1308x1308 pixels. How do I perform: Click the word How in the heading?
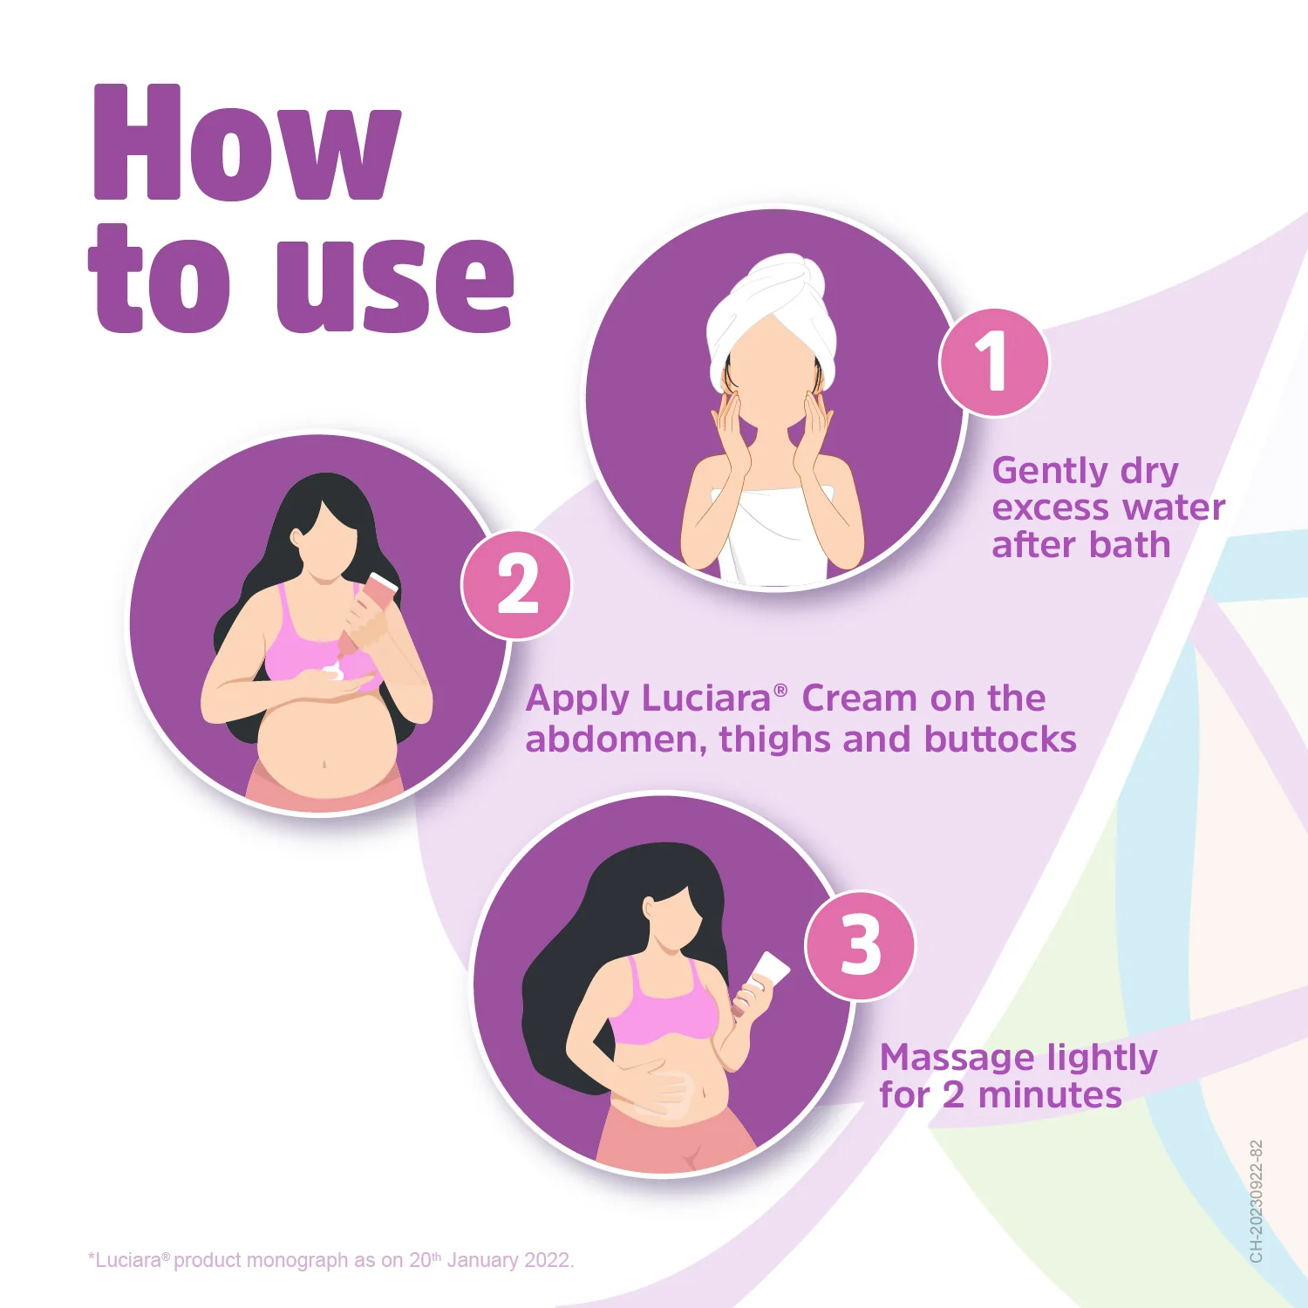pyautogui.click(x=247, y=144)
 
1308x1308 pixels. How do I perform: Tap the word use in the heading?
pyautogui.click(x=395, y=283)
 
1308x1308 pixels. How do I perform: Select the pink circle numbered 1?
pyautogui.click(x=994, y=362)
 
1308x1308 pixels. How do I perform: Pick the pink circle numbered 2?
pyautogui.click(x=516, y=585)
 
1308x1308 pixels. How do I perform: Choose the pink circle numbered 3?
pyautogui.click(x=860, y=946)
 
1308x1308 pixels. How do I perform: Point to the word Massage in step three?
pyautogui.click(x=957, y=1058)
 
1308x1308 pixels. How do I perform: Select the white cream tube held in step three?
pyautogui.click(x=767, y=972)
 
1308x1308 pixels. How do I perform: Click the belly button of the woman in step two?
pyautogui.click(x=324, y=764)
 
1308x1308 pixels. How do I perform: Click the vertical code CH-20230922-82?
pyautogui.click(x=1256, y=1201)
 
